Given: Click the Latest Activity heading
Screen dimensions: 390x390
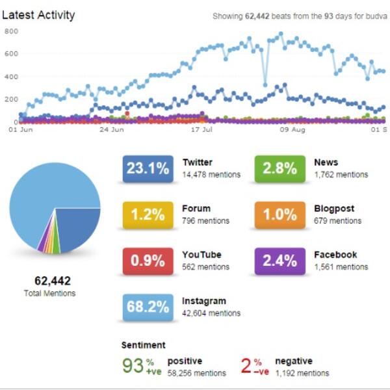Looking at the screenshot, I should [x=38, y=15].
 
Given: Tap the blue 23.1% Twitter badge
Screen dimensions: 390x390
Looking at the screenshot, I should [x=147, y=168].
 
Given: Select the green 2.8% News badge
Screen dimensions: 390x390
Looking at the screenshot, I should [x=280, y=168].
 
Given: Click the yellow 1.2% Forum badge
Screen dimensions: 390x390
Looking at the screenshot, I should [x=147, y=214].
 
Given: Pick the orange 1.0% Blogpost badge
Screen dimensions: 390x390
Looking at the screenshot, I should [x=280, y=214].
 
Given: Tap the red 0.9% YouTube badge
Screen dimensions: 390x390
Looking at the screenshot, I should [x=147, y=261].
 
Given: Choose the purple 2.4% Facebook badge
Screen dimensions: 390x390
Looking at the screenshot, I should [x=280, y=261].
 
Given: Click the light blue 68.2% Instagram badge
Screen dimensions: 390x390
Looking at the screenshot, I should [x=147, y=307].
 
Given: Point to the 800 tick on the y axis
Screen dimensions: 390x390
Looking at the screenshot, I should [x=10, y=31].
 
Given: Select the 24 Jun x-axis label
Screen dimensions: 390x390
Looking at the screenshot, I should [x=111, y=129].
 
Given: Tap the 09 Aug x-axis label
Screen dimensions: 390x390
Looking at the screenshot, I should [x=292, y=129].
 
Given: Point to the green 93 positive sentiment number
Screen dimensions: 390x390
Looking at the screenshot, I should [x=133, y=366].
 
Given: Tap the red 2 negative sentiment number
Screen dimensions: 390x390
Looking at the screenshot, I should [x=246, y=366].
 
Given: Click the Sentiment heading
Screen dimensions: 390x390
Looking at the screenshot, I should [x=143, y=345].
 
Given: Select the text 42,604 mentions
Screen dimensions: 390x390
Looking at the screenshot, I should [x=211, y=313].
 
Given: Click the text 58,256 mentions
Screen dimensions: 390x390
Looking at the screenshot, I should [x=197, y=373].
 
